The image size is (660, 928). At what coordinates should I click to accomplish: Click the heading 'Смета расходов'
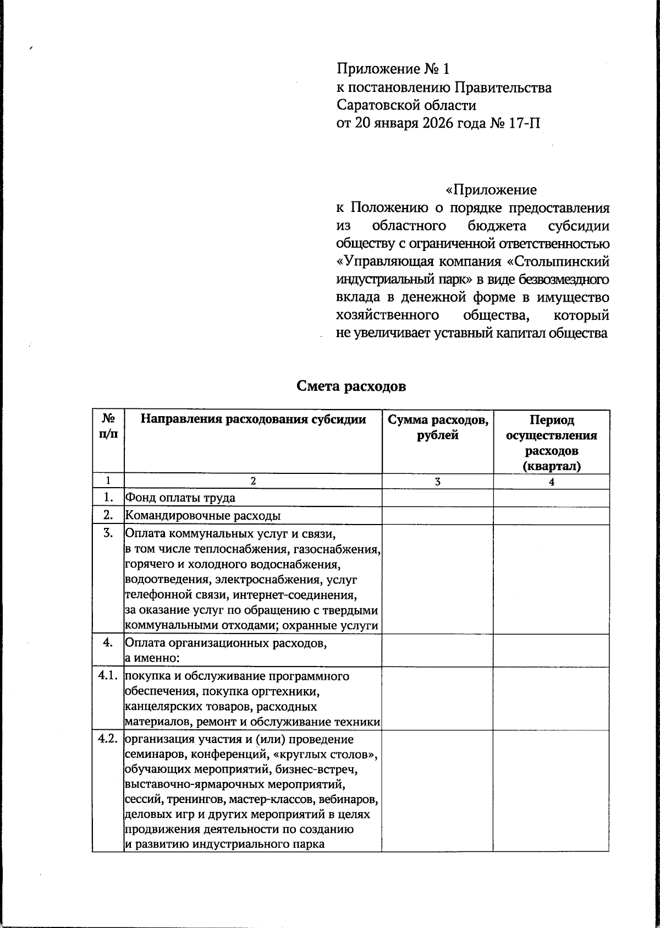pyautogui.click(x=351, y=386)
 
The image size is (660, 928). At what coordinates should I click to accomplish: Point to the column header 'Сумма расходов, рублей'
pyautogui.click(x=438, y=428)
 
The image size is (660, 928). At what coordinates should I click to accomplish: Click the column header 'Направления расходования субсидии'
pyautogui.click(x=253, y=420)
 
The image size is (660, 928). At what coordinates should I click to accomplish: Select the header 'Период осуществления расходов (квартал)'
pyautogui.click(x=551, y=443)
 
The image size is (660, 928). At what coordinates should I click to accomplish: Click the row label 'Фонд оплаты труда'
pyautogui.click(x=180, y=498)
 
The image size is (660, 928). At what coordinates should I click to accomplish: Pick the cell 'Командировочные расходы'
pyautogui.click(x=203, y=516)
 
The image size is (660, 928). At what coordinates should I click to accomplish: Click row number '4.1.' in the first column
pyautogui.click(x=108, y=676)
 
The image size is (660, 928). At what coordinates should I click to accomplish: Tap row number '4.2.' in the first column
pyautogui.click(x=108, y=739)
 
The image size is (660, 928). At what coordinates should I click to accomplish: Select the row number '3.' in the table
pyautogui.click(x=109, y=533)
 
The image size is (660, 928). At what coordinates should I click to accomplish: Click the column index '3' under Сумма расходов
pyautogui.click(x=437, y=482)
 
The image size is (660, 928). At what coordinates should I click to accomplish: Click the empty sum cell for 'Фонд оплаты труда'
pyautogui.click(x=437, y=498)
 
